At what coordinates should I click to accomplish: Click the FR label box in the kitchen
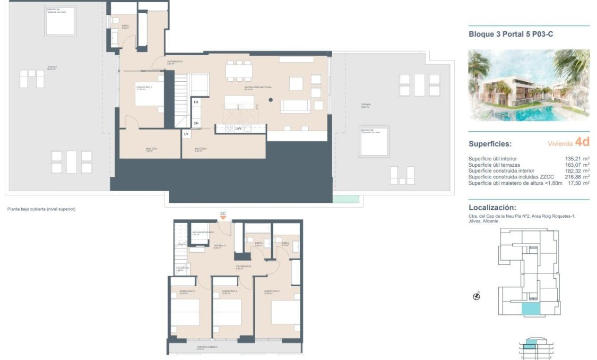(196, 102)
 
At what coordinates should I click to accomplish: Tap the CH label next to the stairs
(196, 124)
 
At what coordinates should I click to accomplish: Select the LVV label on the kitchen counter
(239, 128)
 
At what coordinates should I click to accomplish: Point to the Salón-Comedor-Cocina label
(255, 88)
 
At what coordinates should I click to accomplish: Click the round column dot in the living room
(270, 100)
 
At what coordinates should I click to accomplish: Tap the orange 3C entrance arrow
(223, 218)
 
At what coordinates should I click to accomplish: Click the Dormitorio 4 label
(187, 292)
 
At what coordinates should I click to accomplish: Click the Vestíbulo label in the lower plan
(220, 246)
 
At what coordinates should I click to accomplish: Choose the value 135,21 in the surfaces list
(577, 159)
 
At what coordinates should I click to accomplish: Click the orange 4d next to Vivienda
(582, 142)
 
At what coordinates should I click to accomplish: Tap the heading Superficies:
(490, 144)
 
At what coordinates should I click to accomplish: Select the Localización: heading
(492, 208)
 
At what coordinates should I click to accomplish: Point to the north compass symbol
(476, 297)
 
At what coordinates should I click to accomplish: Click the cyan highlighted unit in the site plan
(530, 310)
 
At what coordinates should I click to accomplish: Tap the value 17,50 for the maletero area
(577, 183)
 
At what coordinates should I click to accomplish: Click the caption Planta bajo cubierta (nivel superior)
(41, 209)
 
